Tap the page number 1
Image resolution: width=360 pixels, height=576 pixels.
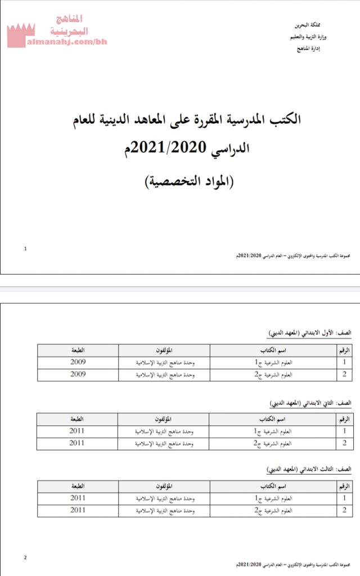[x=25, y=247]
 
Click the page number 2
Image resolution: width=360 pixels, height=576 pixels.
[x=25, y=558]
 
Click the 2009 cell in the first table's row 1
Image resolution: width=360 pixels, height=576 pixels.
[x=78, y=362]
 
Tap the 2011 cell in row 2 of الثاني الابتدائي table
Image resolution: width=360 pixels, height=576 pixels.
[x=77, y=443]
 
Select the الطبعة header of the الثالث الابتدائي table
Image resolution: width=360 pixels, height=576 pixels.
[x=77, y=485]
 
